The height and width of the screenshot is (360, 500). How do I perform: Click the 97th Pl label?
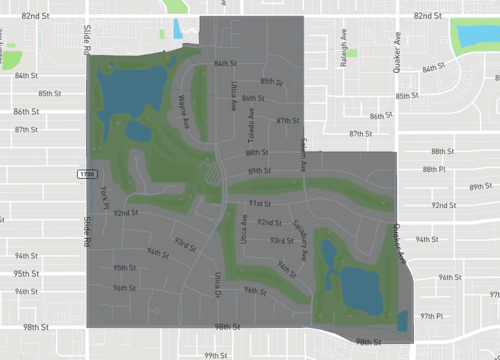[431, 315]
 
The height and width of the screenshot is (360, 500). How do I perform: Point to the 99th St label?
[217, 354]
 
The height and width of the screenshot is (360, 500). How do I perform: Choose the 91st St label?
[260, 202]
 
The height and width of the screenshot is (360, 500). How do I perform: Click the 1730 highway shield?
[87, 174]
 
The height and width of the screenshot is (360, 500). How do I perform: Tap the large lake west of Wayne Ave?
[130, 88]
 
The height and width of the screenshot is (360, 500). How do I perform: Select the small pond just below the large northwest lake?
[138, 131]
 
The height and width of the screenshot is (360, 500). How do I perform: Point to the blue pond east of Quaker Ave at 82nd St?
[476, 38]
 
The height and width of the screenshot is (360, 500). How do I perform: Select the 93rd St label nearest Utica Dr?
[184, 243]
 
